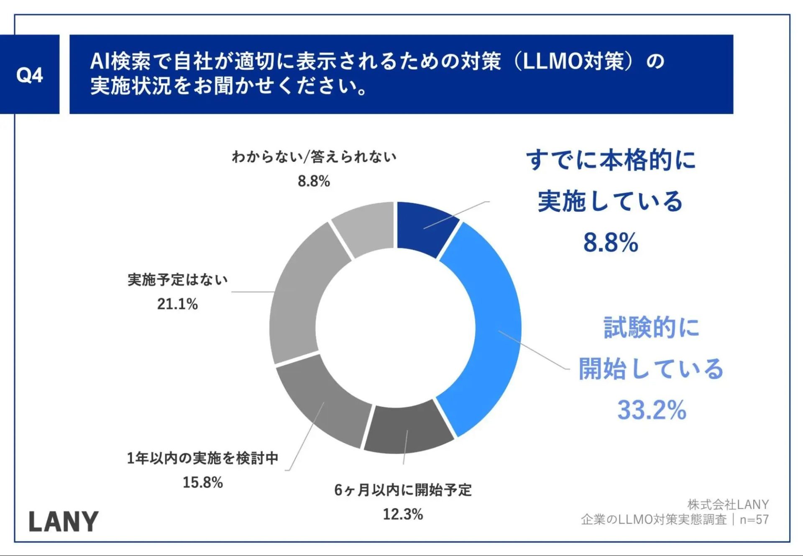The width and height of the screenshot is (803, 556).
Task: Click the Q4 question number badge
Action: point(29,75)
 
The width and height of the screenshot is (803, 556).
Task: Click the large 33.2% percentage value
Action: point(652,410)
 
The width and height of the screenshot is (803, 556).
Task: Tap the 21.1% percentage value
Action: point(177,304)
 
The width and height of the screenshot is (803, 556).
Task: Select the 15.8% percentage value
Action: point(203,482)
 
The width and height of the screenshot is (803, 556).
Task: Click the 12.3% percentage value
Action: point(403,514)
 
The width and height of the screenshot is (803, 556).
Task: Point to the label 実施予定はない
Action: point(177,280)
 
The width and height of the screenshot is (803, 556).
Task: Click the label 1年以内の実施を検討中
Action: point(203,458)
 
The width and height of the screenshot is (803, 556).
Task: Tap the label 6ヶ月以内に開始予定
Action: point(403,490)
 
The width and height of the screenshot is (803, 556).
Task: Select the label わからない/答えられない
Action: point(314,157)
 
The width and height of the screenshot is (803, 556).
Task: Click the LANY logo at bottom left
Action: point(64,522)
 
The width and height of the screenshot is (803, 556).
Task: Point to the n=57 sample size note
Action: point(754,520)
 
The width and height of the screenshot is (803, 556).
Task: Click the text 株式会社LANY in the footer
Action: point(728,505)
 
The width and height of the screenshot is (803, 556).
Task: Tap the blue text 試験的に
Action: point(651,327)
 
